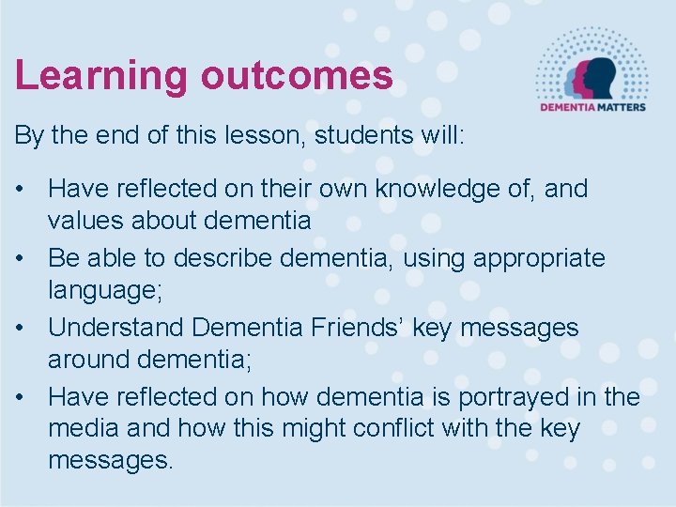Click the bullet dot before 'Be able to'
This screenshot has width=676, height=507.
coord(22,258)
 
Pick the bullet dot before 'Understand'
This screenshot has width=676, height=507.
coord(22,329)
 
